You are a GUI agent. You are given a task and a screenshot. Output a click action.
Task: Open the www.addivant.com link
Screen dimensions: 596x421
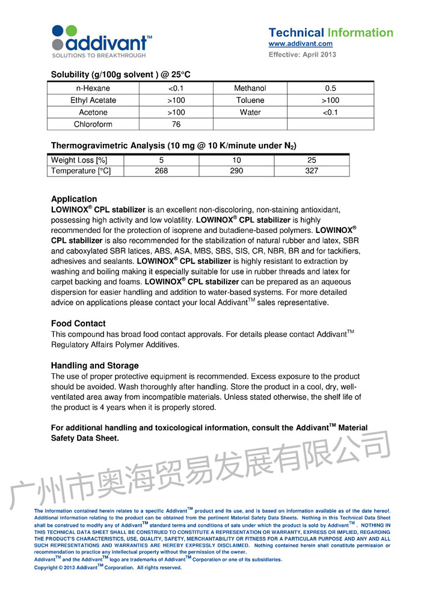point(300,44)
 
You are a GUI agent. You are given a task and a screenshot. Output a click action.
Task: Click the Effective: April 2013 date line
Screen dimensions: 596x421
point(302,55)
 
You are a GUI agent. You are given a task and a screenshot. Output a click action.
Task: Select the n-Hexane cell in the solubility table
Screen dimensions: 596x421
point(93,88)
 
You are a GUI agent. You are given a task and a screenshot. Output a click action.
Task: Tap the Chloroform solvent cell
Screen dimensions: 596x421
point(93,125)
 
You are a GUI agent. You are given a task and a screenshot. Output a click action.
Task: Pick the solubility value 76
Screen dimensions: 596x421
point(176,125)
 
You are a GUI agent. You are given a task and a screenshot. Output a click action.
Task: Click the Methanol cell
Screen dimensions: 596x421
point(250,88)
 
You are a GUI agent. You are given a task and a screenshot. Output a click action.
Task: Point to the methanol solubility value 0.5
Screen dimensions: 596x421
point(330,88)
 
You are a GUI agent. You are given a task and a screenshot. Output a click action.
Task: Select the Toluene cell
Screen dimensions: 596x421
point(250,101)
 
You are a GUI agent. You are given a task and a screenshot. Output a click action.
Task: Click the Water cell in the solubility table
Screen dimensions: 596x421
point(250,113)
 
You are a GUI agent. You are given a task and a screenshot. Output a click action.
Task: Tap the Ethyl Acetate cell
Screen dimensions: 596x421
point(93,101)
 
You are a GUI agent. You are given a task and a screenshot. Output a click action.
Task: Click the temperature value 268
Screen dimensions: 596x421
point(161,171)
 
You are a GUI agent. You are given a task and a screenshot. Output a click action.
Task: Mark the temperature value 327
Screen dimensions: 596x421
point(312,171)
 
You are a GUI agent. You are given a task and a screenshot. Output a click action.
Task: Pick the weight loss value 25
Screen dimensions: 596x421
point(312,160)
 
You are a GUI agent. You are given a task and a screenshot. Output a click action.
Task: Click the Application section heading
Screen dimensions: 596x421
point(74,199)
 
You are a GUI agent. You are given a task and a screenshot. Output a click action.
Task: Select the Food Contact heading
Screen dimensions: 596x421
point(78,323)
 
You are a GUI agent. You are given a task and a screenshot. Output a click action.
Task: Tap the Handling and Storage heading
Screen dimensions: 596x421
point(94,365)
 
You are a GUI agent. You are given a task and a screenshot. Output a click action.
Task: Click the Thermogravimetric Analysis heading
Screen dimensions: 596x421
point(173,145)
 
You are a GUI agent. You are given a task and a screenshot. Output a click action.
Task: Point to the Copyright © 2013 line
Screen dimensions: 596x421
point(108,568)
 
